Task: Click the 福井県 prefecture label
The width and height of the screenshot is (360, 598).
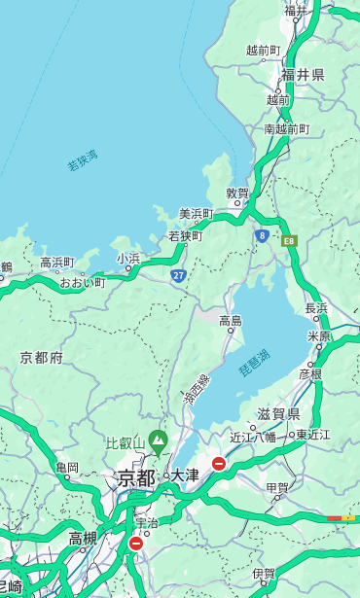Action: click(x=304, y=75)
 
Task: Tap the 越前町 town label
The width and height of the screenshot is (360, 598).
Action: click(x=263, y=51)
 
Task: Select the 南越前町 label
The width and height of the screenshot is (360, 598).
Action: click(x=286, y=128)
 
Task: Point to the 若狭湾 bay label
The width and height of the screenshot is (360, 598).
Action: click(x=83, y=160)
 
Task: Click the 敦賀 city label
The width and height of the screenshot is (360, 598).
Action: click(x=237, y=193)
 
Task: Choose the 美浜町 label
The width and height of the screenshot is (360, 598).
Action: click(x=196, y=214)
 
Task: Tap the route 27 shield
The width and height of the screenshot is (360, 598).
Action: click(x=179, y=276)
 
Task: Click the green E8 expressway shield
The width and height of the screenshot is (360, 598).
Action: click(x=289, y=239)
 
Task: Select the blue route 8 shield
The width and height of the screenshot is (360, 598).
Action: click(x=262, y=235)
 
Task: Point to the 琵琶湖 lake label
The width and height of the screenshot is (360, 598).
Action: click(x=254, y=363)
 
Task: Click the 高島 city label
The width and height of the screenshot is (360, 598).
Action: click(x=231, y=321)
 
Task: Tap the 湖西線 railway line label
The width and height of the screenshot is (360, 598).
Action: click(x=197, y=390)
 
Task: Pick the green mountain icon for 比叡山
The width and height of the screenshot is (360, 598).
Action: click(x=156, y=443)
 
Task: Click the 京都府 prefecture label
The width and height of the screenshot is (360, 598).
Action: click(x=42, y=358)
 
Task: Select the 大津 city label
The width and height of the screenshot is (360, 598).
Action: click(x=184, y=476)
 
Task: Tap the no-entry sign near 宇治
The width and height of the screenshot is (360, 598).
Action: click(x=135, y=544)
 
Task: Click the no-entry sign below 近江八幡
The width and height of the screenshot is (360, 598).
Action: click(x=219, y=465)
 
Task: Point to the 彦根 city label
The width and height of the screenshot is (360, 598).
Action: click(x=310, y=373)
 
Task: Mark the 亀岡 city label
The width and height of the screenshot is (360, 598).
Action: click(x=67, y=468)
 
